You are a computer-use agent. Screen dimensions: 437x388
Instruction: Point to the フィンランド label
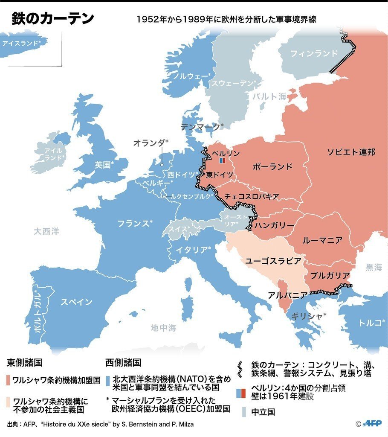coord(313,53)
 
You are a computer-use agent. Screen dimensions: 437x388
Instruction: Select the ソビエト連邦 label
coord(351,152)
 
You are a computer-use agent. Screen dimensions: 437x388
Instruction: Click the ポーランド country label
coord(272,166)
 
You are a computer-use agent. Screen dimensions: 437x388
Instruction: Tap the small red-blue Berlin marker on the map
coord(222,161)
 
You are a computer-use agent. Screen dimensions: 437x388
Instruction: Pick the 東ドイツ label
coord(220,175)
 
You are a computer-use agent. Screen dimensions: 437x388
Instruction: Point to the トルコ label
coord(370,323)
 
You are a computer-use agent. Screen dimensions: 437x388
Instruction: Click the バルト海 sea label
coord(269,96)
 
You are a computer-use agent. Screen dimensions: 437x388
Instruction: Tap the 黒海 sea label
coord(374,268)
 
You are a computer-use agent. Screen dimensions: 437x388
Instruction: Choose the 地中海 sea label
coord(163,328)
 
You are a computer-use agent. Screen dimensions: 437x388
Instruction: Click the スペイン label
coord(76,302)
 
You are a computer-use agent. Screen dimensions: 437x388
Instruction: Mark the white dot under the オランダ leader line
coord(162,164)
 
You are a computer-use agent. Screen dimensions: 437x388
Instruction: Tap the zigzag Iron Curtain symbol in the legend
coord(241,369)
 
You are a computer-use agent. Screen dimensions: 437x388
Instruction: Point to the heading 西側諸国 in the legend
coord(123,363)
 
